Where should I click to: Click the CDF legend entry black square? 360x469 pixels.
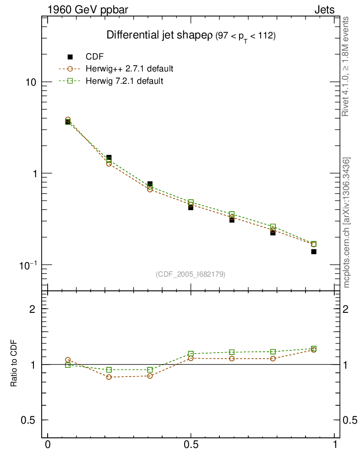click(70, 57)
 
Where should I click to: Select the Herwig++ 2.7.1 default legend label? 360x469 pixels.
click(129, 69)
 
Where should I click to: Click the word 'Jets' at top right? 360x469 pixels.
click(324, 10)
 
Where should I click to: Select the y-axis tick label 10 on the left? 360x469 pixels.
click(31, 82)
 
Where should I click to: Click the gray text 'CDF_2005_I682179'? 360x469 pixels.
click(191, 274)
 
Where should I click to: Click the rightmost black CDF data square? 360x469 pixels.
click(314, 251)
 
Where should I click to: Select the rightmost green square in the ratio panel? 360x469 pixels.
click(314, 349)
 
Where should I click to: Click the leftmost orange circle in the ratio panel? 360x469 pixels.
click(68, 360)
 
